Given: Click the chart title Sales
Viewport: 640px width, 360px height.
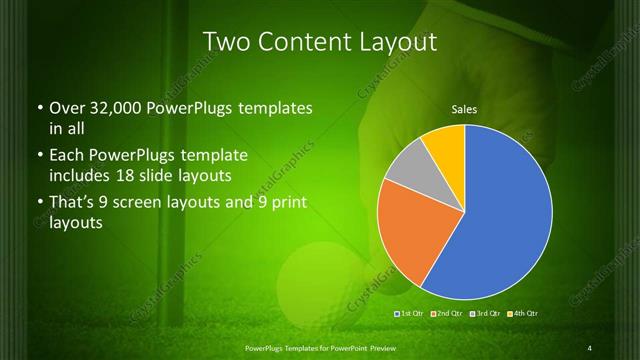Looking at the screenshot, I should click(464, 108).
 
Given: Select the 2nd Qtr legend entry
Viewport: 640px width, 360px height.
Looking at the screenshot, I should click(447, 315).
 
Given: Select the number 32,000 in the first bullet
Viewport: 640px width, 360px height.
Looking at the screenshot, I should click(116, 108).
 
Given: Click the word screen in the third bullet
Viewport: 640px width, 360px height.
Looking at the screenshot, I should click(155, 204).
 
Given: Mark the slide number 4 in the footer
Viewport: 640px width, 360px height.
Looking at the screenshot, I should click(590, 347).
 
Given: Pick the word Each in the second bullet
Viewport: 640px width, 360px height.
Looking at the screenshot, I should click(67, 156).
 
